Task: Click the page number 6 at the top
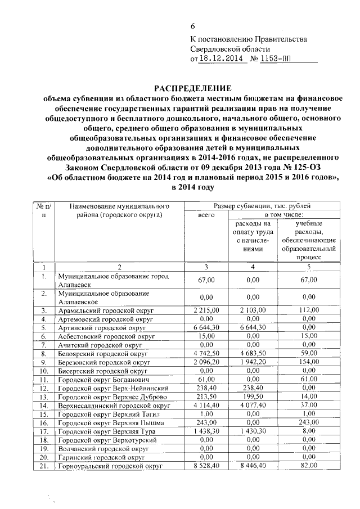point(193,27)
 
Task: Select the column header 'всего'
point(207,214)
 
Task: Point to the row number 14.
point(44,406)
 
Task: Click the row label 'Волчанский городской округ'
point(101,449)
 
